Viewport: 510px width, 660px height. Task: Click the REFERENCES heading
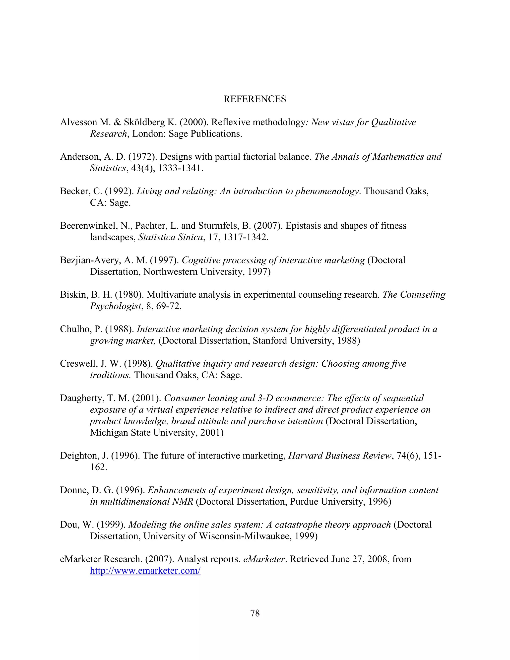255,99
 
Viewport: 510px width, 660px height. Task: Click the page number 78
255,613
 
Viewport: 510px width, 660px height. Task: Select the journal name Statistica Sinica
170,237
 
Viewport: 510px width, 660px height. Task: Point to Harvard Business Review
340,456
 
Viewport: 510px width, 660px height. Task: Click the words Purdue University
327,502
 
